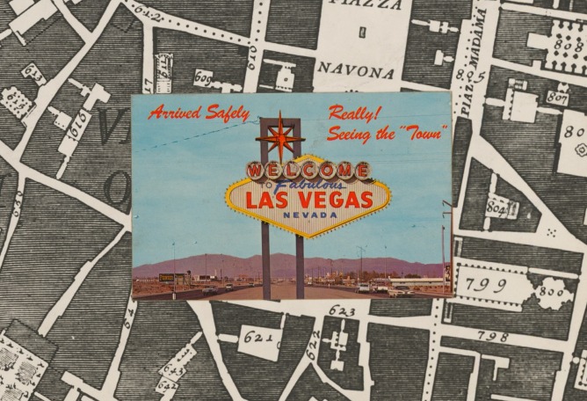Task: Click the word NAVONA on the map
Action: click(356, 69)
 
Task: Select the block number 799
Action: click(488, 285)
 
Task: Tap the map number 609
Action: click(203, 77)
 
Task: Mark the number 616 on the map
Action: click(76, 120)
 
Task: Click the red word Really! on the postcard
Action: click(354, 113)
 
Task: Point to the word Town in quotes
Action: click(425, 133)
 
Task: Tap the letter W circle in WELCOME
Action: click(256, 171)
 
